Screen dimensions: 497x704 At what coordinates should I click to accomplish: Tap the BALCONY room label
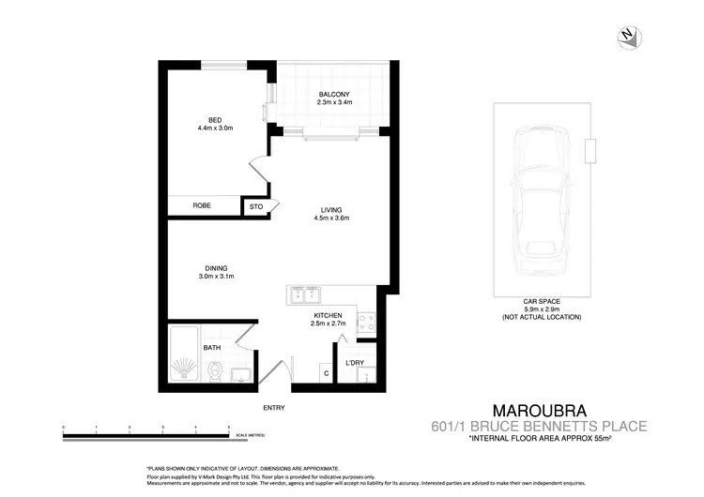pos(334,94)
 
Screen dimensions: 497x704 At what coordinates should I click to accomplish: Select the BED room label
pos(214,119)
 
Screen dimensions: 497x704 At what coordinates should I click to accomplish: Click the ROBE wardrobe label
pos(202,205)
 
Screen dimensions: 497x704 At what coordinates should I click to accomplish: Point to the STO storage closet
pos(254,206)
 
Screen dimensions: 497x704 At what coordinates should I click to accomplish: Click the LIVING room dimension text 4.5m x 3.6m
pos(330,218)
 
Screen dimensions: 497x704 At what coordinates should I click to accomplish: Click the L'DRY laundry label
pos(355,362)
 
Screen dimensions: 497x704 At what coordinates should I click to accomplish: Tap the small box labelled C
pos(326,374)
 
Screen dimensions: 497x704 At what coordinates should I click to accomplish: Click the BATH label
pos(212,348)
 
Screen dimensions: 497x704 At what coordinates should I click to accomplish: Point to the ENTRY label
pos(274,408)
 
